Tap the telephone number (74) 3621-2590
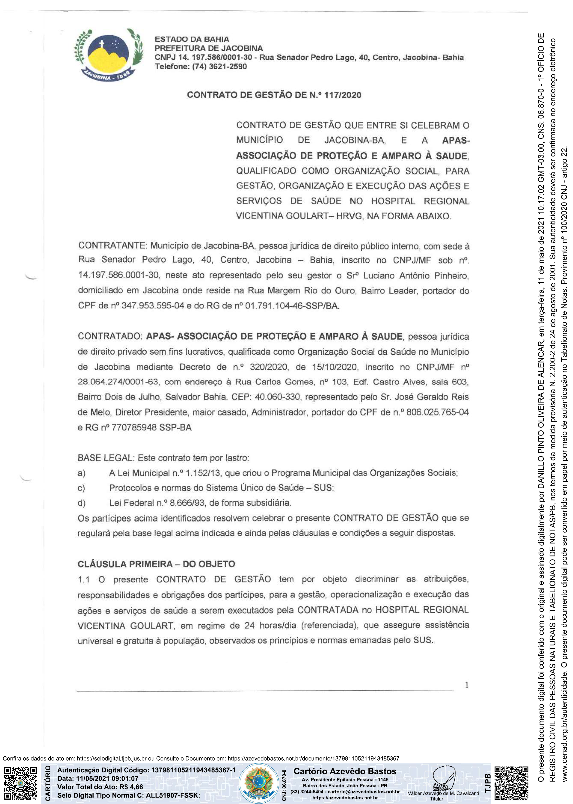click(x=219, y=66)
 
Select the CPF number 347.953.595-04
click(x=153, y=305)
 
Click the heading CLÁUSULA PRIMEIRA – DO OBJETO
click(x=156, y=564)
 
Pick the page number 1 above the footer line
click(x=467, y=685)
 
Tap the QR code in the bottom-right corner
click(x=511, y=783)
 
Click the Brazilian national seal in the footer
click(x=259, y=783)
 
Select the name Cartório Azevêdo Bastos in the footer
click(x=345, y=771)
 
